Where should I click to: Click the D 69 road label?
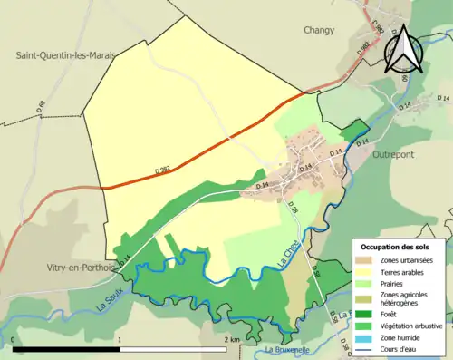pyautogui.click(x=42, y=106)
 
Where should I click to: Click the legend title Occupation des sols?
pyautogui.click(x=401, y=247)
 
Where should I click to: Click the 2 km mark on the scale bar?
pyautogui.click(x=233, y=339)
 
